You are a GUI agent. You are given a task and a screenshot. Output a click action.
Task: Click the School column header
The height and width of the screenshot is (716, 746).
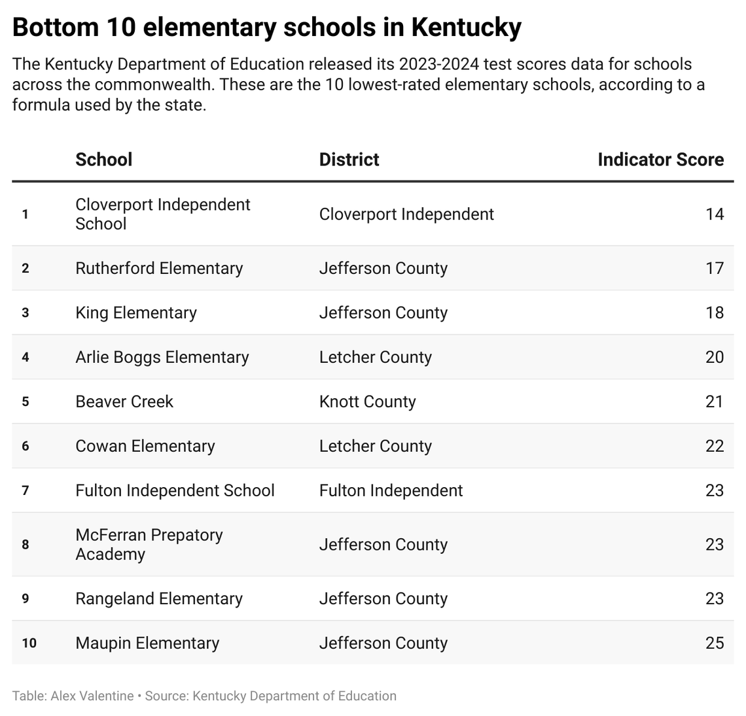click(103, 160)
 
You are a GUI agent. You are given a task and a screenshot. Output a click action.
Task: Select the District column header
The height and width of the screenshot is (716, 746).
click(349, 160)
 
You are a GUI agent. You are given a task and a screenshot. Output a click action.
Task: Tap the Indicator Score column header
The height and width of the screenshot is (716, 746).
click(660, 160)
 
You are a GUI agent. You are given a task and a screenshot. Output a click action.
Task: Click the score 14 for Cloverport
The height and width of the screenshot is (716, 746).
click(715, 214)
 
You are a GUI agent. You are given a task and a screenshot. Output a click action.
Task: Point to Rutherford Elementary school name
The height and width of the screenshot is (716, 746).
click(159, 268)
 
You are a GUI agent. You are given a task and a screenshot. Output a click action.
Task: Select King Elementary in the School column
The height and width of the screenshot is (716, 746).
click(136, 313)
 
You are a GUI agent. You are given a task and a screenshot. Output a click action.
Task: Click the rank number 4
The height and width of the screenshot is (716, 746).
click(26, 357)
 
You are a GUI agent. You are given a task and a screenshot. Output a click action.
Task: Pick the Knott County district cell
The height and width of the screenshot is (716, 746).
click(367, 401)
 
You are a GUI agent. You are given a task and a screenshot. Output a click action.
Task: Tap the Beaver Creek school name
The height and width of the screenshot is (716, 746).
click(124, 401)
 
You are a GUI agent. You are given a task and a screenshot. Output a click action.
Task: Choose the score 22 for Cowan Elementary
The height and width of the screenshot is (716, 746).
click(715, 446)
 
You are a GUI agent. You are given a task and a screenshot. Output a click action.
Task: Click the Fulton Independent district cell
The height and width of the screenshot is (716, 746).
click(391, 490)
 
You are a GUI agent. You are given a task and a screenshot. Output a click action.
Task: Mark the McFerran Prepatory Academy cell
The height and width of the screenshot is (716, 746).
click(149, 544)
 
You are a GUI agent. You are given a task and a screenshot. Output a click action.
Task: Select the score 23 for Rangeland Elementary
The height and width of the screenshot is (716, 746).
click(715, 598)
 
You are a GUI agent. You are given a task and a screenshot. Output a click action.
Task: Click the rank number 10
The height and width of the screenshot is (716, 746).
click(29, 643)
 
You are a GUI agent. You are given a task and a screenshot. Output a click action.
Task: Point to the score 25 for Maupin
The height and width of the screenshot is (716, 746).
click(715, 643)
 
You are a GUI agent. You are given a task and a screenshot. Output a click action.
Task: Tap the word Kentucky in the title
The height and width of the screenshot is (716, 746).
click(466, 27)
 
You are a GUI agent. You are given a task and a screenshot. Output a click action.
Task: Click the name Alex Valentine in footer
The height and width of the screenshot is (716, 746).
click(92, 696)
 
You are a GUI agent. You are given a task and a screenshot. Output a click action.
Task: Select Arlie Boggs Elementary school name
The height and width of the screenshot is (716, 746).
click(162, 357)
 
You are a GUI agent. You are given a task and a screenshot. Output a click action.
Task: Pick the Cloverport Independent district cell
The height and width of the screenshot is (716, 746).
click(406, 214)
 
